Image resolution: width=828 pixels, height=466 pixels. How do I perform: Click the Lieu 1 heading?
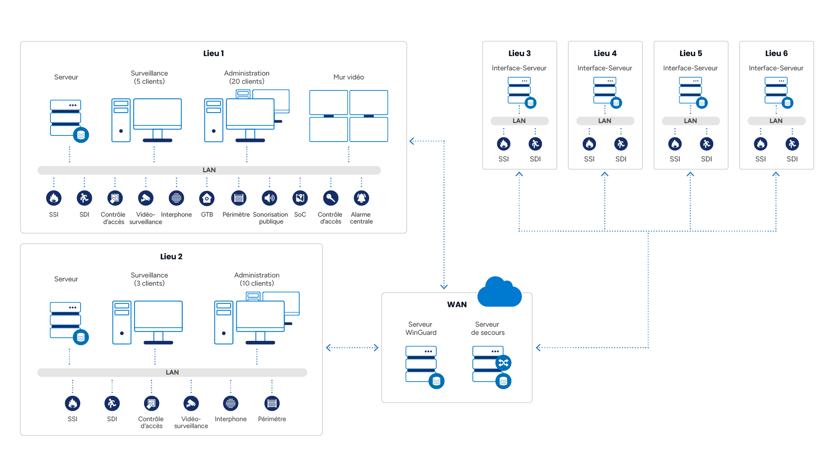pos(213,54)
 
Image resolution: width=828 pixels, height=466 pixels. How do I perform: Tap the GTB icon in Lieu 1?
pos(207,198)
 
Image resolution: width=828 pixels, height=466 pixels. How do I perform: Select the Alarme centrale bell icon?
pos(361,198)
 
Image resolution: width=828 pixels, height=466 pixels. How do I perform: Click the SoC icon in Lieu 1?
pos(300,198)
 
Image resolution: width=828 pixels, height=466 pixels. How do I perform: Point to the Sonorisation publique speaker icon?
pos(270,198)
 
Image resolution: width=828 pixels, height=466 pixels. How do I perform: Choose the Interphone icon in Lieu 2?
pos(231,403)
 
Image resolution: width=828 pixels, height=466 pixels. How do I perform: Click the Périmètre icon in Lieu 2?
pos(272,403)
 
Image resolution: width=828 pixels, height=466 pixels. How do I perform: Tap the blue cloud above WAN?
pos(499,292)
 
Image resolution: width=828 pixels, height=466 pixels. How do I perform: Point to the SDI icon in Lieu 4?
pos(621,144)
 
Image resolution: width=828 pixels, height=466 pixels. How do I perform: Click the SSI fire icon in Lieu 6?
pos(761,144)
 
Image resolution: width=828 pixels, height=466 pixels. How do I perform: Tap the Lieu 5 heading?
pos(691,54)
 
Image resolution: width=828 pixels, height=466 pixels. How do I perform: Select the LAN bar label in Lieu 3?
pos(519,121)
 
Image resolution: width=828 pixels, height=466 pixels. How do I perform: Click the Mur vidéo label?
pos(348,77)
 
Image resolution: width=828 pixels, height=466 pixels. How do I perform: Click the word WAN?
pos(457,305)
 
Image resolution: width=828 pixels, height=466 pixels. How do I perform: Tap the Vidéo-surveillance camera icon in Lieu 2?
pos(191,403)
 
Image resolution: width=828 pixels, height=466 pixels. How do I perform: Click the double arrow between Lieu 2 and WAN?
pos(352,348)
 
